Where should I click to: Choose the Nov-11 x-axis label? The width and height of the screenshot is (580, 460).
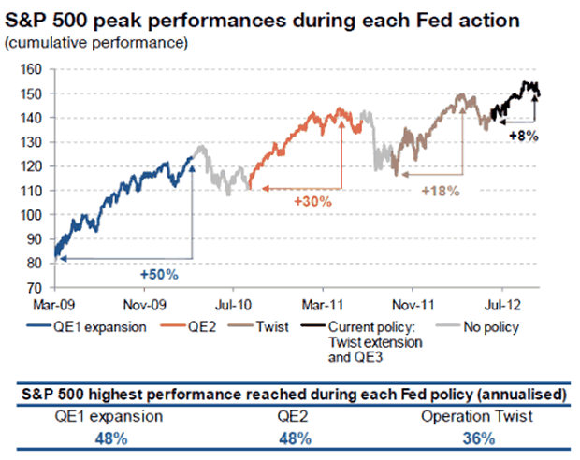click(x=410, y=305)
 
